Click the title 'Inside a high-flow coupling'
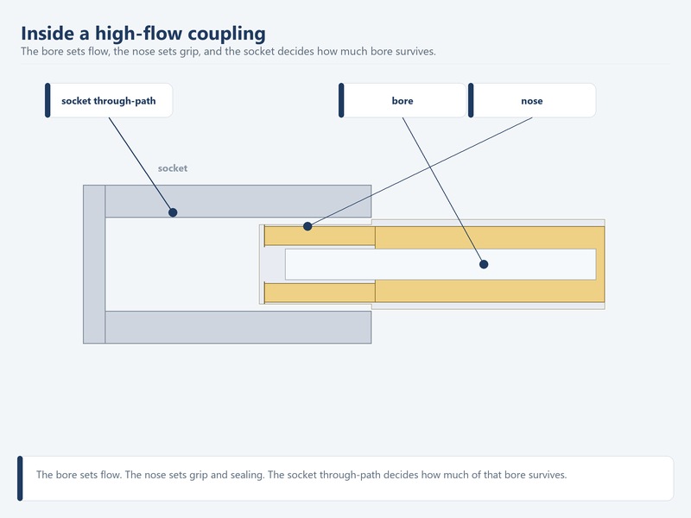coord(143,34)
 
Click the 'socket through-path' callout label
coord(109,100)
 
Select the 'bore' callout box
coord(403,100)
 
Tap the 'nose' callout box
coord(532,100)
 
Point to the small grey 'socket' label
coord(173,168)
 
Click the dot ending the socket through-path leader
coord(173,212)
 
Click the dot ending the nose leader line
coord(307,226)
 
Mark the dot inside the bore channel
coord(484,264)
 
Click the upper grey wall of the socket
coord(238,201)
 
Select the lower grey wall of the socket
coord(238,327)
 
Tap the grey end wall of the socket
coord(94,264)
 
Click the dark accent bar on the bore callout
coord(341,100)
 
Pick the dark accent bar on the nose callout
coord(471,100)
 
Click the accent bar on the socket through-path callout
coord(48,100)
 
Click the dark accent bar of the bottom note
coord(20,478)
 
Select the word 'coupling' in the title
coord(227,34)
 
